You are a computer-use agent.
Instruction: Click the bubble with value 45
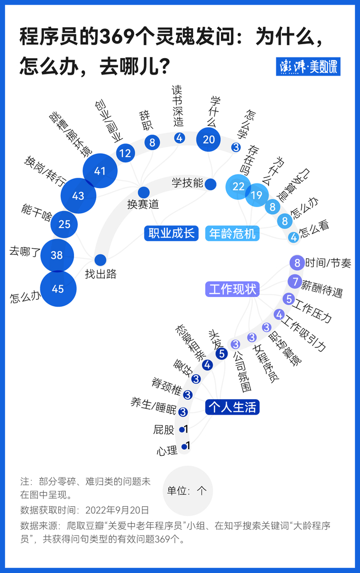[x=58, y=289]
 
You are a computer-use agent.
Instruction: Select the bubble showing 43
[x=78, y=196]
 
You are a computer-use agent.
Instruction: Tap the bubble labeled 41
[x=100, y=171]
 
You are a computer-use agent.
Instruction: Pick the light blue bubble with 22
[x=238, y=187]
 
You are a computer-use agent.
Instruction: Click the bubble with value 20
[x=209, y=139]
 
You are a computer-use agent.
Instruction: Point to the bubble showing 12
[x=125, y=153]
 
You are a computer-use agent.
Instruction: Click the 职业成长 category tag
[x=172, y=233]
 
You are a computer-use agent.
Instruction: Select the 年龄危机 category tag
[x=232, y=233]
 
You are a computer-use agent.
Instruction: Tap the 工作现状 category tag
[x=232, y=289]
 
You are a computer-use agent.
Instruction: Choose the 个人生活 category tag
[x=232, y=407]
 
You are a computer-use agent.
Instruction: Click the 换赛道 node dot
[x=143, y=193]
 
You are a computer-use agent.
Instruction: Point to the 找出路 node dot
[x=100, y=260]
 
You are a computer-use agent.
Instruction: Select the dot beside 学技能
[x=210, y=184]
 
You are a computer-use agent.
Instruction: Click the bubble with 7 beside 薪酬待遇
[x=294, y=281]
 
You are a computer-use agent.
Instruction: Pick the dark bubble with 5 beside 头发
[x=222, y=354]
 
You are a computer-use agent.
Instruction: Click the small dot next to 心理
[x=184, y=447]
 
